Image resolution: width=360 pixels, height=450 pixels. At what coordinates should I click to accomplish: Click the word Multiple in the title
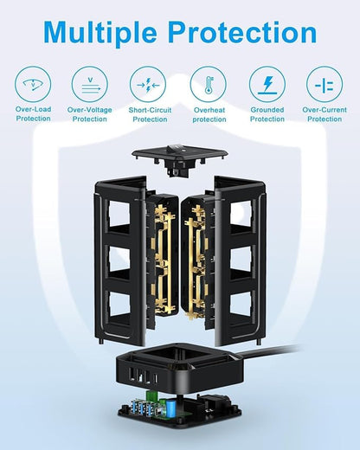pyautogui.click(x=100, y=32)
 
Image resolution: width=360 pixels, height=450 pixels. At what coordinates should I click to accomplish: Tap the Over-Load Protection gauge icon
pyautogui.click(x=33, y=84)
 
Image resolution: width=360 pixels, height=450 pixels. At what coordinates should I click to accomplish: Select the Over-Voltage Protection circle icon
pyautogui.click(x=90, y=84)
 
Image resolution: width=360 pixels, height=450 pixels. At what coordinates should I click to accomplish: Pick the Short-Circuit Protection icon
pyautogui.click(x=148, y=85)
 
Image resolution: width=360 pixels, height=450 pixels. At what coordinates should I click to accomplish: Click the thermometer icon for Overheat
pyautogui.click(x=209, y=85)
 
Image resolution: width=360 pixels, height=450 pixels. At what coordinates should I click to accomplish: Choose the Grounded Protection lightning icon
pyautogui.click(x=267, y=85)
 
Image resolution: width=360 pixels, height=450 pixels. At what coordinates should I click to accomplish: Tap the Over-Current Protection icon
pyautogui.click(x=325, y=85)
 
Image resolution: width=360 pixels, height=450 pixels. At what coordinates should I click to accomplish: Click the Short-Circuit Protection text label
pyautogui.click(x=150, y=114)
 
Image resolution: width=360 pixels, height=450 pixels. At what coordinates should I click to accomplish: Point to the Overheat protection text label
pyautogui.click(x=209, y=114)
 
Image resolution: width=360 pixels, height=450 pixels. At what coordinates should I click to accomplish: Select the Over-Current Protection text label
pyautogui.click(x=325, y=114)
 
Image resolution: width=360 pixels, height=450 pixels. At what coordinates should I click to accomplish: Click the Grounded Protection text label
pyautogui.click(x=267, y=114)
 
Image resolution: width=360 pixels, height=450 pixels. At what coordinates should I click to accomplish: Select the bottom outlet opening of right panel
pyautogui.click(x=241, y=304)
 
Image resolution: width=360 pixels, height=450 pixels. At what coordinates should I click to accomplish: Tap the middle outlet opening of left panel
pyautogui.click(x=119, y=259)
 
